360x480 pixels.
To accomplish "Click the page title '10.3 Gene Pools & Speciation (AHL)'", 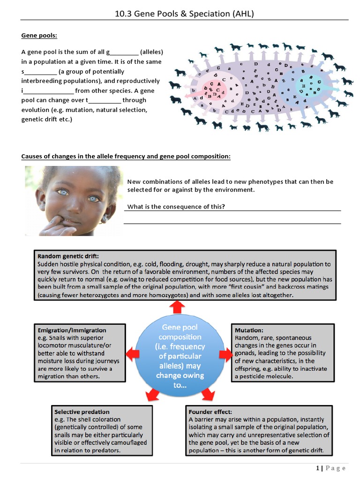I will [x=184, y=14].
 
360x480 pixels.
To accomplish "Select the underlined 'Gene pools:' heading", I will [x=39, y=36].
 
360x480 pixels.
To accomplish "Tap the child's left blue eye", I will [x=63, y=192].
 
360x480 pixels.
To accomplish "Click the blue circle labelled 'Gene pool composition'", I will [x=180, y=356].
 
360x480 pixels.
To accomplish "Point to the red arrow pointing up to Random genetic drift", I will [x=177, y=307].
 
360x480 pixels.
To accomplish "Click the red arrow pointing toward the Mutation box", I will [x=226, y=355].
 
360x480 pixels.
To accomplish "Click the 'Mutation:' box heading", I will [x=249, y=330].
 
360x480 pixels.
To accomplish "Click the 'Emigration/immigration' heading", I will [x=72, y=330].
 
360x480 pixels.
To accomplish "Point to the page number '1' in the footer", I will [x=317, y=468].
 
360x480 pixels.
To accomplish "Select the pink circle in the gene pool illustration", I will [x=214, y=89].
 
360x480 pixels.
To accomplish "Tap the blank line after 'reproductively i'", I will [x=48, y=91].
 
